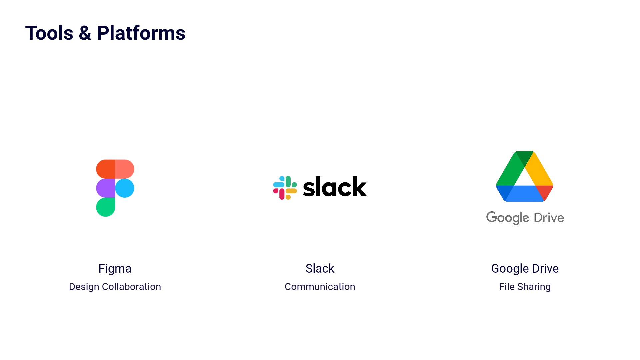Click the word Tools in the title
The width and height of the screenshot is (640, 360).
point(49,33)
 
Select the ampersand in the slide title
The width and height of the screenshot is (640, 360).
point(85,33)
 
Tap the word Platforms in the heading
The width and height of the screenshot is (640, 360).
point(141,33)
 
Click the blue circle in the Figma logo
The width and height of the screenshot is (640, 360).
point(125,188)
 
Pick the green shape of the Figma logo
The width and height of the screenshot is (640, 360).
point(105,207)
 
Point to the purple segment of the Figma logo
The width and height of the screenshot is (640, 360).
point(105,188)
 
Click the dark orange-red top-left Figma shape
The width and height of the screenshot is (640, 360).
point(105,169)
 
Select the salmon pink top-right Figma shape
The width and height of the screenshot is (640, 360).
point(125,169)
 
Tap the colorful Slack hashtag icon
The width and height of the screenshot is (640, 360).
point(285,188)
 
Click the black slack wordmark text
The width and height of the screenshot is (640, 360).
point(335,187)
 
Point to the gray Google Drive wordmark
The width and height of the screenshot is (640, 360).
point(525,218)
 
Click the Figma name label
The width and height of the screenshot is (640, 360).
point(115,268)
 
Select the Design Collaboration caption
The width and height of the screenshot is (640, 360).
point(115,287)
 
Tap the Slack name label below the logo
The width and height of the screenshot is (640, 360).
point(320,268)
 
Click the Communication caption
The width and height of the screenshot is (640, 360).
point(320,287)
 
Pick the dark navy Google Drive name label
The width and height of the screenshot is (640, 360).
point(525,268)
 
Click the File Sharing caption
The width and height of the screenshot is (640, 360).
point(525,287)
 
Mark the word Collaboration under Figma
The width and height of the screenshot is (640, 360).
point(131,287)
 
